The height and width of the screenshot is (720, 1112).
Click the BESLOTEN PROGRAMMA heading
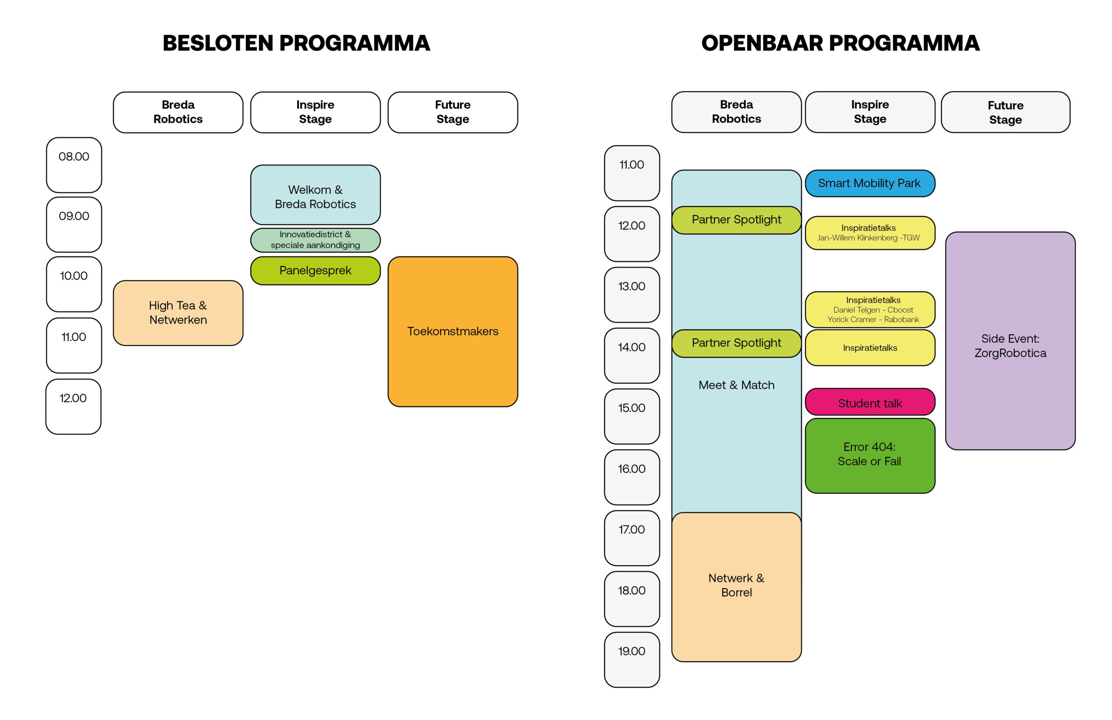296,43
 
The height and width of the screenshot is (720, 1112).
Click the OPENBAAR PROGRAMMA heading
840,43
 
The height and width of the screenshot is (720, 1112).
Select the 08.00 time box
74,165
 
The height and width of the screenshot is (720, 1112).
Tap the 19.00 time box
632,660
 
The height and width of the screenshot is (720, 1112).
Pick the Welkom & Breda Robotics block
315,195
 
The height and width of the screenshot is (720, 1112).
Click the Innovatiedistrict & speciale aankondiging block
315,240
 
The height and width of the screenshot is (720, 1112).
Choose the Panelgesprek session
315,271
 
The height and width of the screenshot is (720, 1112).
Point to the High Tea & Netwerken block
178,313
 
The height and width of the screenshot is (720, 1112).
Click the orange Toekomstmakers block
453,332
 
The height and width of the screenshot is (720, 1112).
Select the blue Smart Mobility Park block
870,183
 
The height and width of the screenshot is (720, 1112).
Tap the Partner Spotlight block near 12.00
736,220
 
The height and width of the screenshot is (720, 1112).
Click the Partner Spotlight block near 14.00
736,343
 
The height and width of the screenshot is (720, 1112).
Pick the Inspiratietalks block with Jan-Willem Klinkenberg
870,233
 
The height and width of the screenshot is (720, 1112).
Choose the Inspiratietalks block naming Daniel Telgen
870,309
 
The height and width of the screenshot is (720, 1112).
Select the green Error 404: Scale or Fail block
870,456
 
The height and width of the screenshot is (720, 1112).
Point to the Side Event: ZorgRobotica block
1010,341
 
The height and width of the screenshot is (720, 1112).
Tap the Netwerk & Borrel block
736,587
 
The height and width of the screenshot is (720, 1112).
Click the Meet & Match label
736,385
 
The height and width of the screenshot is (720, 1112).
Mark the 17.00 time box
632,538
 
